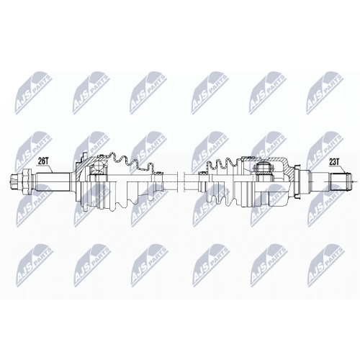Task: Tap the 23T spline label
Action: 334,162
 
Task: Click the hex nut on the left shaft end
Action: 27,181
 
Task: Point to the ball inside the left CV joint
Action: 98,167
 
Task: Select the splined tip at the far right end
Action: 341,181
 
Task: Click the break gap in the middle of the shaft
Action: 180,181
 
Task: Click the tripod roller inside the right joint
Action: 264,168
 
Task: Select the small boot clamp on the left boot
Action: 157,172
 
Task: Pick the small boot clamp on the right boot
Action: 204,172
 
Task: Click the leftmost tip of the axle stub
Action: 11,181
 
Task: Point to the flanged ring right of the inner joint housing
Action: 298,181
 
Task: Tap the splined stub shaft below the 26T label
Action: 53,181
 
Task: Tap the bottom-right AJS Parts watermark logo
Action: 326,266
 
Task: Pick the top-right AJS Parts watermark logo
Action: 325,92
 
